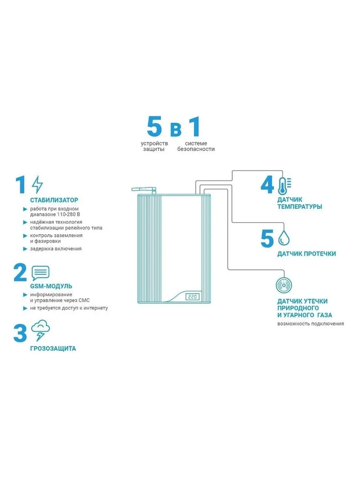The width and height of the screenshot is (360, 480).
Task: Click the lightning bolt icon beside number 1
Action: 37,184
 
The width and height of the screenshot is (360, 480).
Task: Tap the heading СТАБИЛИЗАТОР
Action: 54,200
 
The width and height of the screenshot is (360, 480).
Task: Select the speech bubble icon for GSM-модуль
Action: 40,273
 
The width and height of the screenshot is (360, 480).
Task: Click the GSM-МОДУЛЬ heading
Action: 51,286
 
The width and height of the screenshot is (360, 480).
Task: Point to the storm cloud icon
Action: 40,330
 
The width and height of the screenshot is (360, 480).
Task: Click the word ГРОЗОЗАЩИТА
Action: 53,348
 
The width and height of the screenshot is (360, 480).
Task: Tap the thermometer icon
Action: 284,186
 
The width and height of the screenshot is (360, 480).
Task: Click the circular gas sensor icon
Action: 284,285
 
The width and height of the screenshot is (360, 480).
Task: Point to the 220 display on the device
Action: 192,297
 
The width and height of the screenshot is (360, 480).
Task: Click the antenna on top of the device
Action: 144,190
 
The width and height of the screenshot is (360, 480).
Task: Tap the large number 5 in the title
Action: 154,126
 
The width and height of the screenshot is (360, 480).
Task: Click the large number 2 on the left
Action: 21,273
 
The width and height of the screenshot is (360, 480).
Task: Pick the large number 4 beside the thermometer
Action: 267,185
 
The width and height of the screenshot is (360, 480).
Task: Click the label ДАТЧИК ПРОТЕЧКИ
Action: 306,254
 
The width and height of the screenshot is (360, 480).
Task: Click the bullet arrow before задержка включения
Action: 25,249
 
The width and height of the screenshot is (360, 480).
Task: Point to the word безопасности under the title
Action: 196,149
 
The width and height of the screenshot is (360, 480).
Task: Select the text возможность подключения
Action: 311,324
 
